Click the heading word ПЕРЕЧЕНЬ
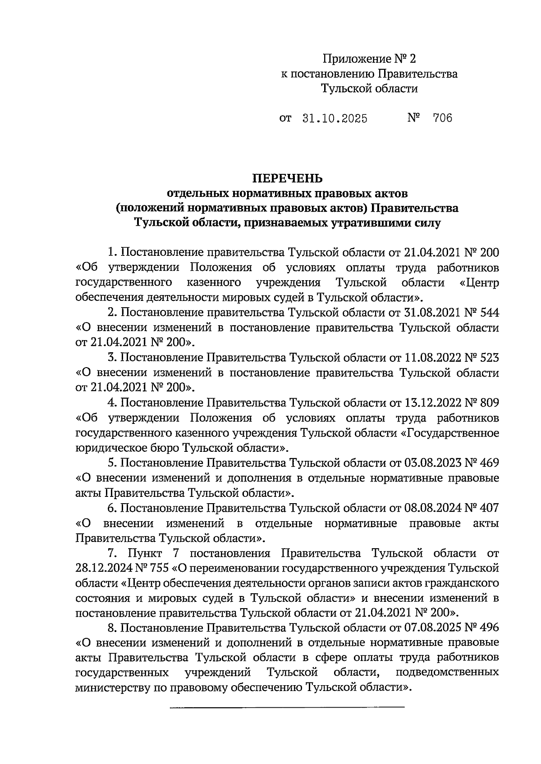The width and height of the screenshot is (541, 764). click(287, 178)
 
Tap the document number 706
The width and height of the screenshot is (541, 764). click(442, 118)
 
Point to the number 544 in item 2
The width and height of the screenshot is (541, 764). click(490, 313)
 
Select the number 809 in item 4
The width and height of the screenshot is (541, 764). click(490, 403)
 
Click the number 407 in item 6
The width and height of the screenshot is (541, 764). click(490, 508)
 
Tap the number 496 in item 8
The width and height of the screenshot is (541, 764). click(490, 628)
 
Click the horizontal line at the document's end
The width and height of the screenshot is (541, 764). click(287, 709)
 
